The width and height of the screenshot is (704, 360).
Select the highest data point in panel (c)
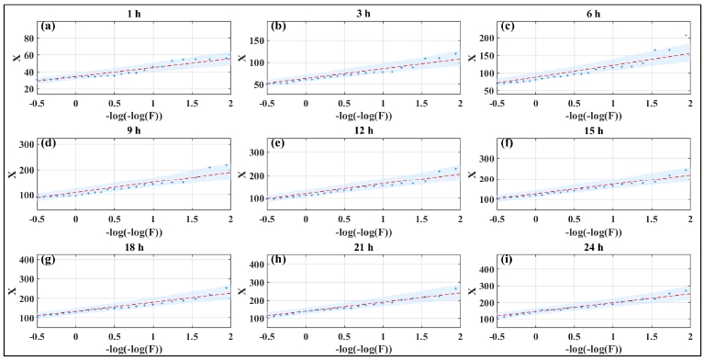685,36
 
